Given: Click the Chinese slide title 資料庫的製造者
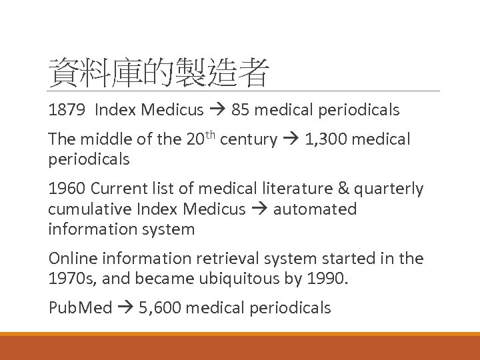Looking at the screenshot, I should pyautogui.click(x=159, y=73).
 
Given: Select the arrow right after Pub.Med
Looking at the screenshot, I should pyautogui.click(x=125, y=307).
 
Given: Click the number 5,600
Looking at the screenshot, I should pyautogui.click(x=160, y=307).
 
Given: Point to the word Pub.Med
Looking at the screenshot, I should pyautogui.click(x=80, y=307).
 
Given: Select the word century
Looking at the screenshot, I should pyautogui.click(x=248, y=139).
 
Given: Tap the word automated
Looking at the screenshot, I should pyautogui.click(x=315, y=209).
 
